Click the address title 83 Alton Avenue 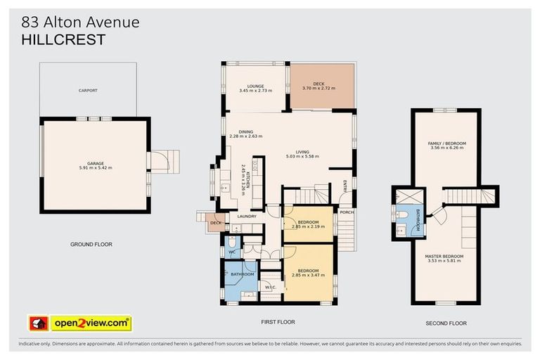coord(79,22)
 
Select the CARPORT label coord(88,91)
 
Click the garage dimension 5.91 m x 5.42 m coord(95,167)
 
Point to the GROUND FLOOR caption coord(91,245)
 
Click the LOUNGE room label coord(255,86)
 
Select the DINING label coord(246,131)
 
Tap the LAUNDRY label coord(246,217)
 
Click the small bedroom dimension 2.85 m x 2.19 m coord(307,228)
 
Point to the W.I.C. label coord(271,287)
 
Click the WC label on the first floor coord(231,250)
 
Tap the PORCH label coord(346,212)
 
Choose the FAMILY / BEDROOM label coord(447,143)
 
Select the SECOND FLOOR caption coord(446,323)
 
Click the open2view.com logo coord(79,323)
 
